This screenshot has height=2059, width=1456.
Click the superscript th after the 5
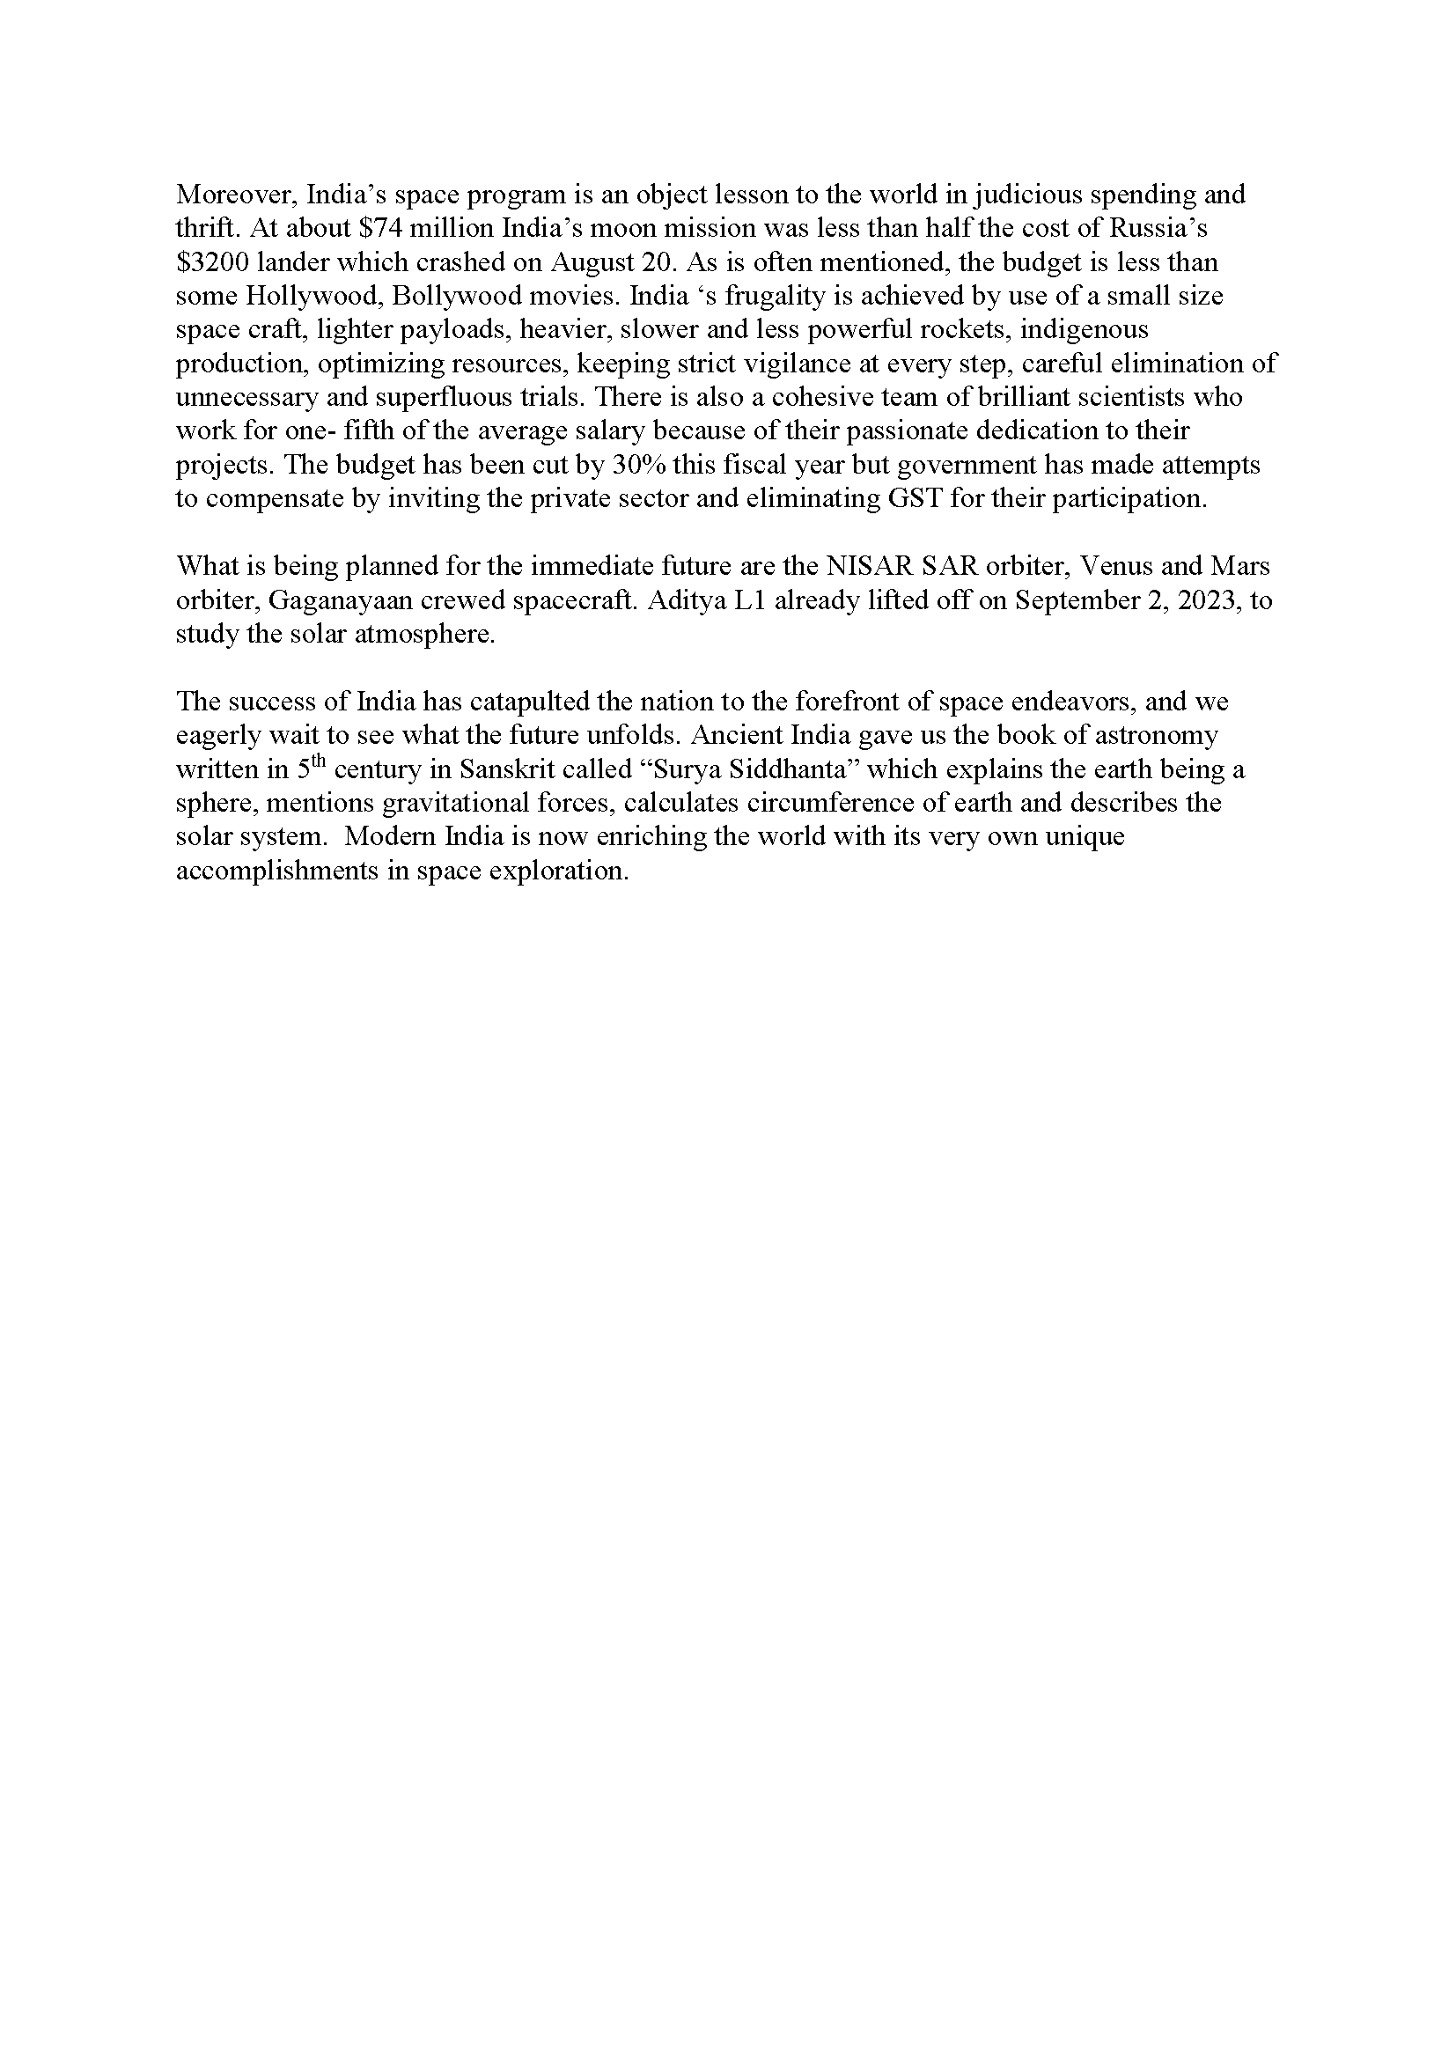[x=320, y=763]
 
